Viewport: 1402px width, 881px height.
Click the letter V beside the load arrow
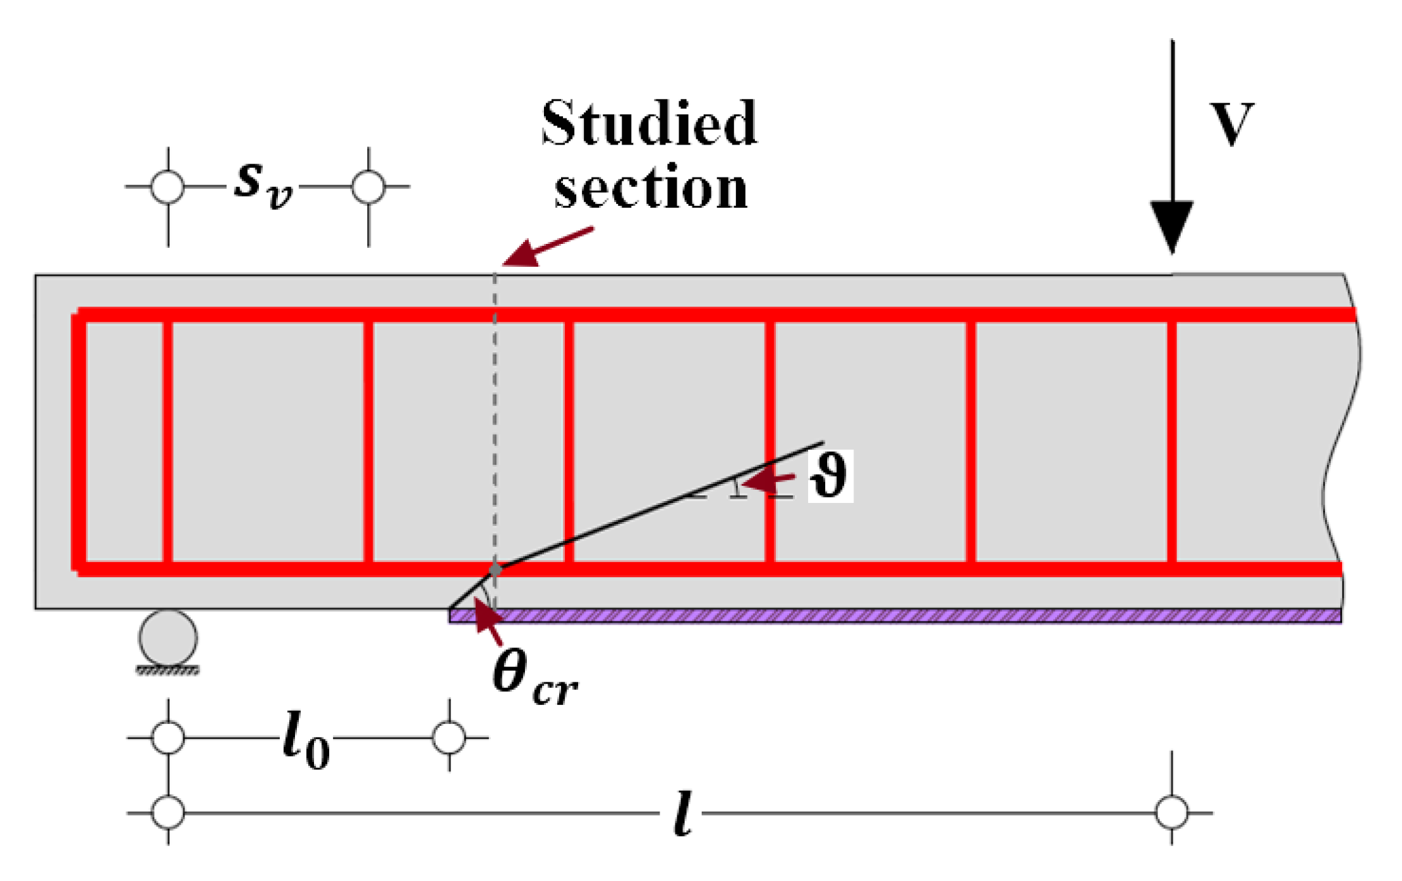[1231, 124]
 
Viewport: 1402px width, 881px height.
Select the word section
[650, 188]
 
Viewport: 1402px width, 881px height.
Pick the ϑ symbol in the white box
[829, 476]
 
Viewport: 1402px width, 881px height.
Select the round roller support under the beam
[168, 638]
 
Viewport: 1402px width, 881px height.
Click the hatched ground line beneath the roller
[168, 671]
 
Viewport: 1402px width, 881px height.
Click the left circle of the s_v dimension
[168, 187]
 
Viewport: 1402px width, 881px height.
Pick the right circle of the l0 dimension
[449, 738]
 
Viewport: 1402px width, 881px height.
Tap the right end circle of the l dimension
[1171, 813]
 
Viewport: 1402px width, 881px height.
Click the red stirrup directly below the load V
[1171, 441]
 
